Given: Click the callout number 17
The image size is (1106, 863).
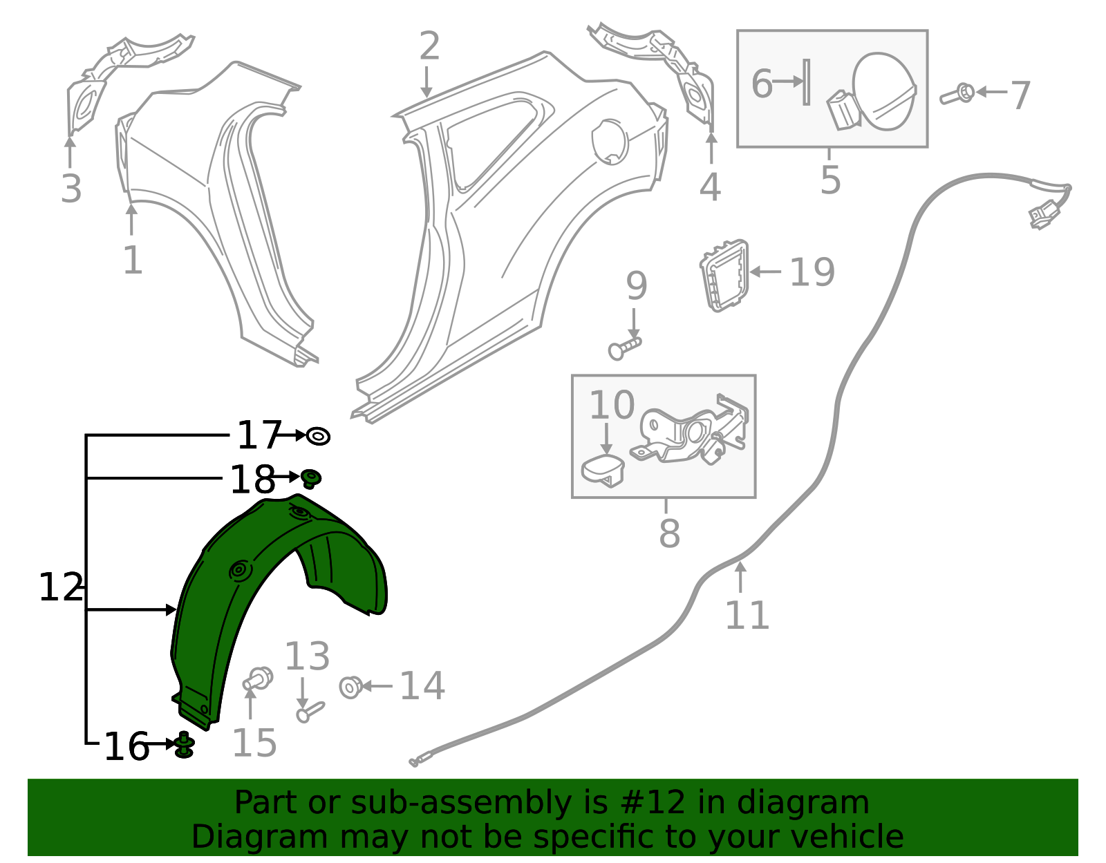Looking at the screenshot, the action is point(259,435).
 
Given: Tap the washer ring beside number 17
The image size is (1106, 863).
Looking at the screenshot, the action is point(318,436).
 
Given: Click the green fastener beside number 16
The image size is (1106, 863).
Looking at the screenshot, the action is point(185,746).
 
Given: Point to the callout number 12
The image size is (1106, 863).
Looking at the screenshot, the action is point(61,587).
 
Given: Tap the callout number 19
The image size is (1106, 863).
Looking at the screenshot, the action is point(812,272).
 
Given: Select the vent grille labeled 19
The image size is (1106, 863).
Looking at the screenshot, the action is point(724,275).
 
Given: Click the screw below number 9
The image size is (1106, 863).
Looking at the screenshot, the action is point(625,350).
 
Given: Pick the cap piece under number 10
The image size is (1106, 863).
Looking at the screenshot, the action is point(603,471).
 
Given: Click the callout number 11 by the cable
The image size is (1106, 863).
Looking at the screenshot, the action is point(747,616).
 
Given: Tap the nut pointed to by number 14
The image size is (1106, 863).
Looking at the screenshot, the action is point(350,687).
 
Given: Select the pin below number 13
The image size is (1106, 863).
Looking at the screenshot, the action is point(310,712).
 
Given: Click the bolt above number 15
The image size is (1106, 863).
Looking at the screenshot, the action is point(258,679).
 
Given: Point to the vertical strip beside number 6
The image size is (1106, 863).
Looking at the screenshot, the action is point(806,82).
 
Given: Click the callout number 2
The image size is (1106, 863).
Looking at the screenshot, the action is point(429,46).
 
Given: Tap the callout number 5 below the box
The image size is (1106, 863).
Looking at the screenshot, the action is point(830,180).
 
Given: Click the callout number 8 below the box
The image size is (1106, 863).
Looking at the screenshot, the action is point(669,533).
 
